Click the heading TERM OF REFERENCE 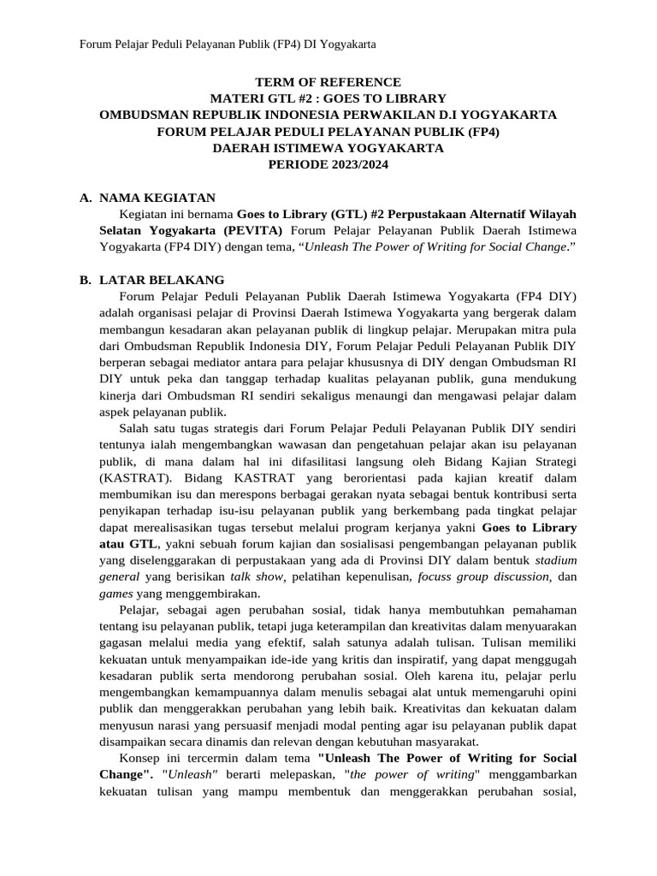[328, 82]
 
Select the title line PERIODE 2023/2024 [328, 163]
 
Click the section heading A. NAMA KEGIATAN [147, 198]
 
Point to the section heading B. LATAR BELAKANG [151, 280]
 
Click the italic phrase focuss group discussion [482, 576]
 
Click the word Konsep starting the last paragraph [143, 758]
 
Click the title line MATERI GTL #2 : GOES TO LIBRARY [328, 98]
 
